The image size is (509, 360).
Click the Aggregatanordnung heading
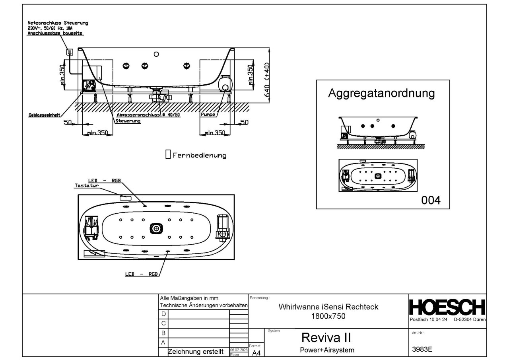point(381,93)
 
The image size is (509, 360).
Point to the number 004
point(431,200)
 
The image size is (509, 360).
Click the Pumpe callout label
point(208,115)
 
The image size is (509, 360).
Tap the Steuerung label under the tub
point(128,121)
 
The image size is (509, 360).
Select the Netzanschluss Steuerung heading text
point(58,23)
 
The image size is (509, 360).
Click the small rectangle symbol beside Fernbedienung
point(167,155)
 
